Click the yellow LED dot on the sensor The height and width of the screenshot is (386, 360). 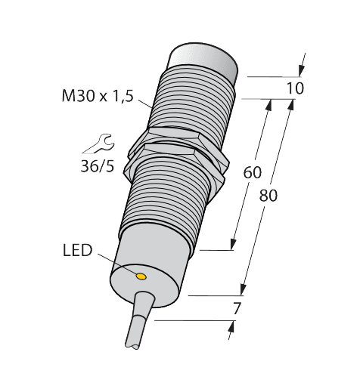[x=141, y=276]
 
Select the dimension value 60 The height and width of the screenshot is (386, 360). [x=252, y=172]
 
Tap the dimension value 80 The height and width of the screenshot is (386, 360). [x=268, y=196]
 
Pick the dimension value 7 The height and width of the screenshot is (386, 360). [x=237, y=307]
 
